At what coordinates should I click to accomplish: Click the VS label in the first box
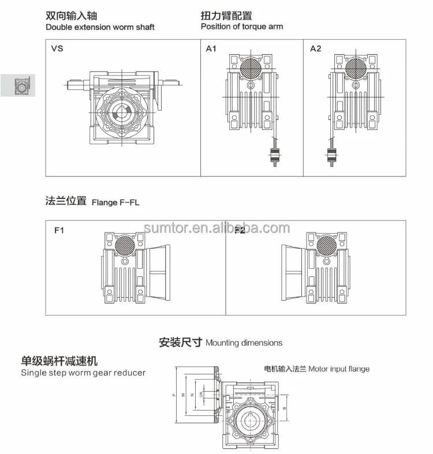tap(57, 48)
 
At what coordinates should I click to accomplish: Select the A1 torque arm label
tap(211, 48)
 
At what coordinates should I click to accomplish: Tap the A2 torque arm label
tap(315, 48)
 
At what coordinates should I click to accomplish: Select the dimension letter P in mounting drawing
tap(173, 395)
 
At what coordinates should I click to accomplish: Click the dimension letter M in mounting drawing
tap(183, 395)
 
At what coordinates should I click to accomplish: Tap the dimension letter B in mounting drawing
tap(285, 407)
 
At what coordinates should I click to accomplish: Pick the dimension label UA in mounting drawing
tap(200, 395)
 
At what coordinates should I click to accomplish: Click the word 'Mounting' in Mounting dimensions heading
tap(222, 343)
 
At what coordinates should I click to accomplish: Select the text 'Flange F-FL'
tap(115, 202)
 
